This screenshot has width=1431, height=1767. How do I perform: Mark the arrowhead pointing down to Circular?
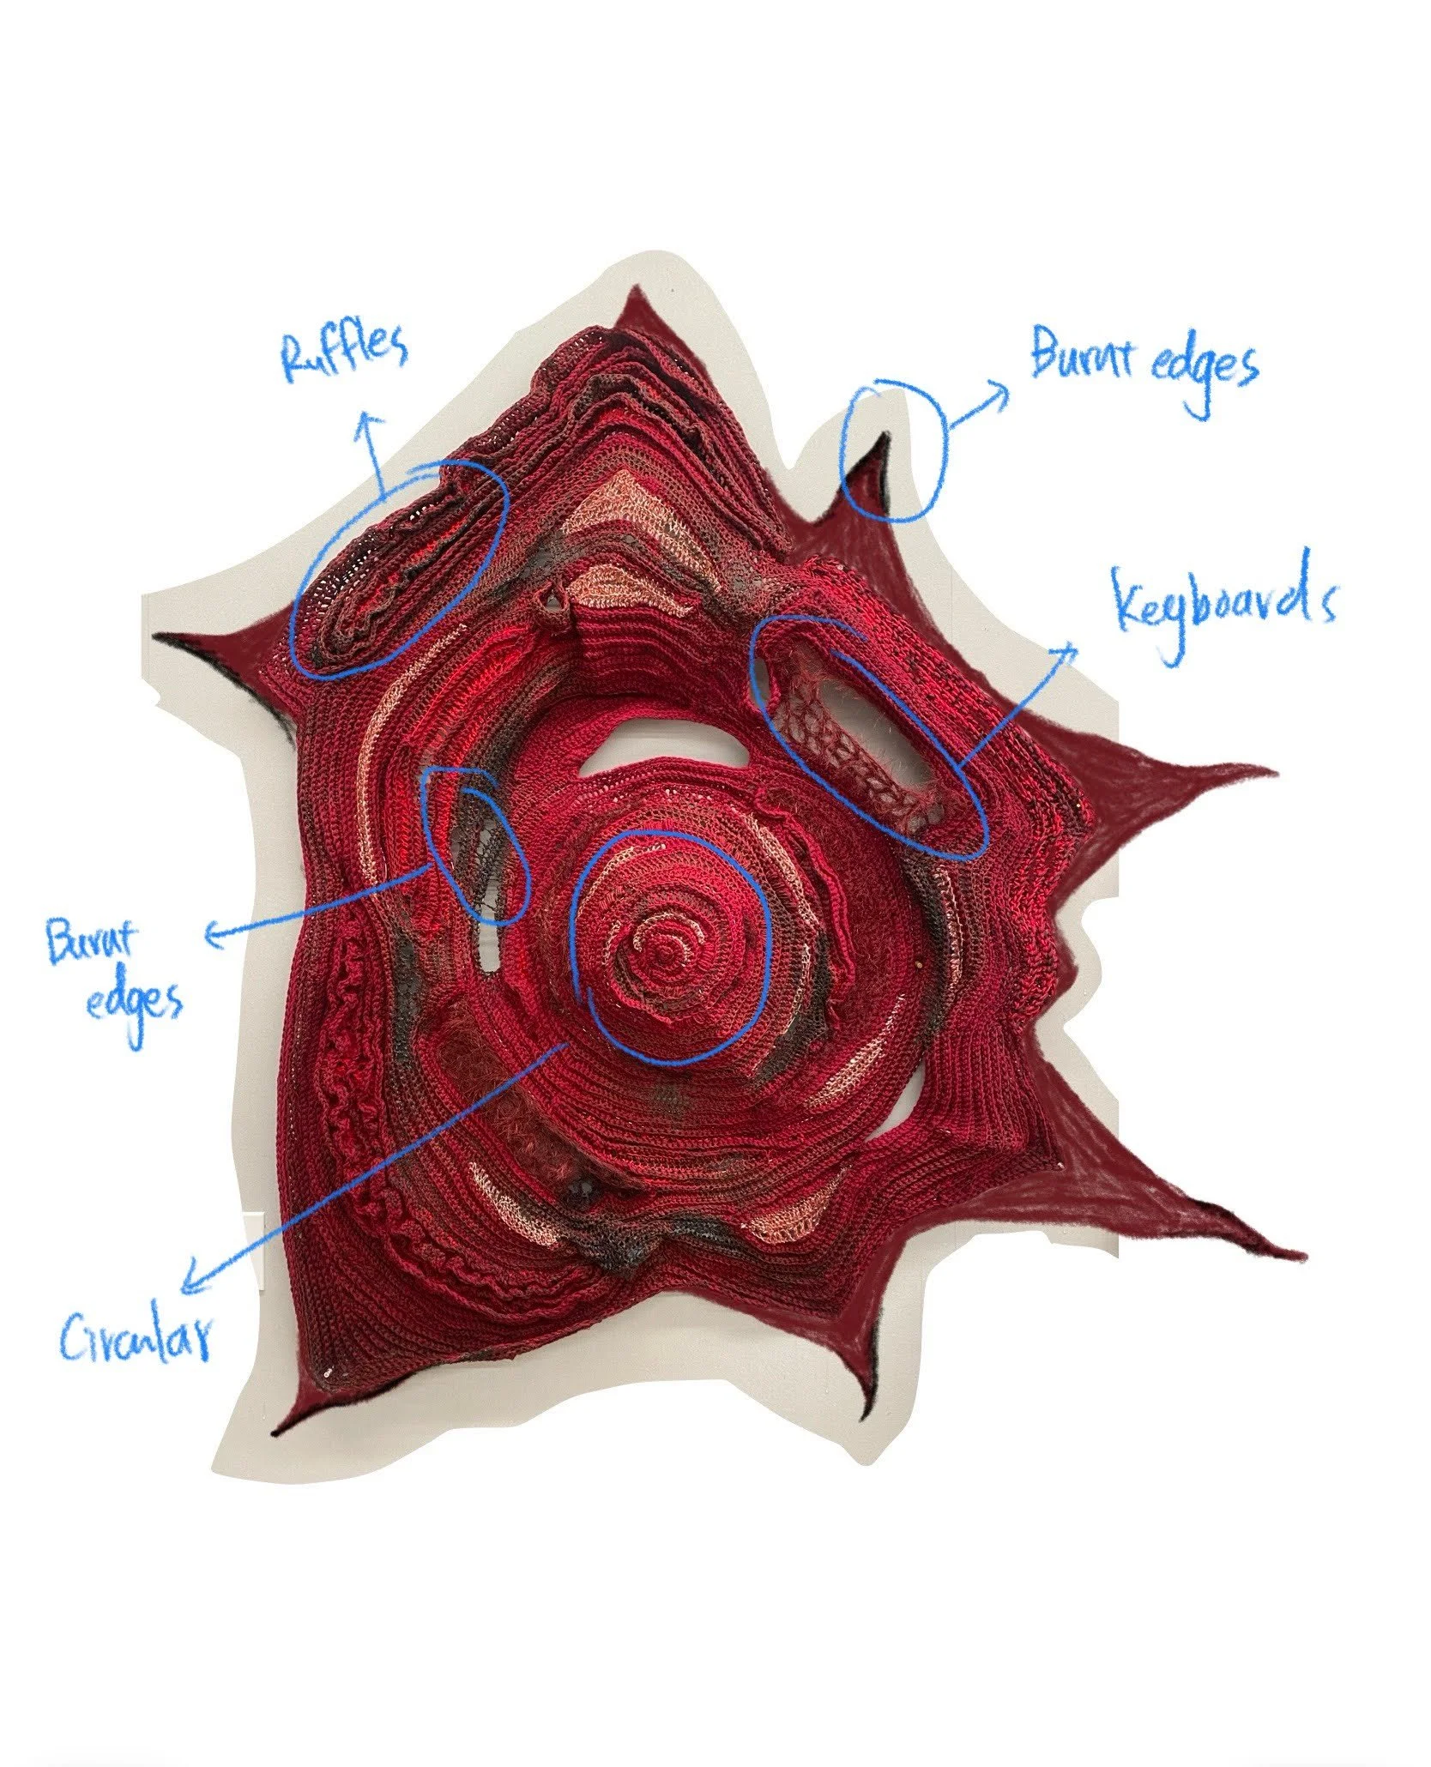(187, 1284)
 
